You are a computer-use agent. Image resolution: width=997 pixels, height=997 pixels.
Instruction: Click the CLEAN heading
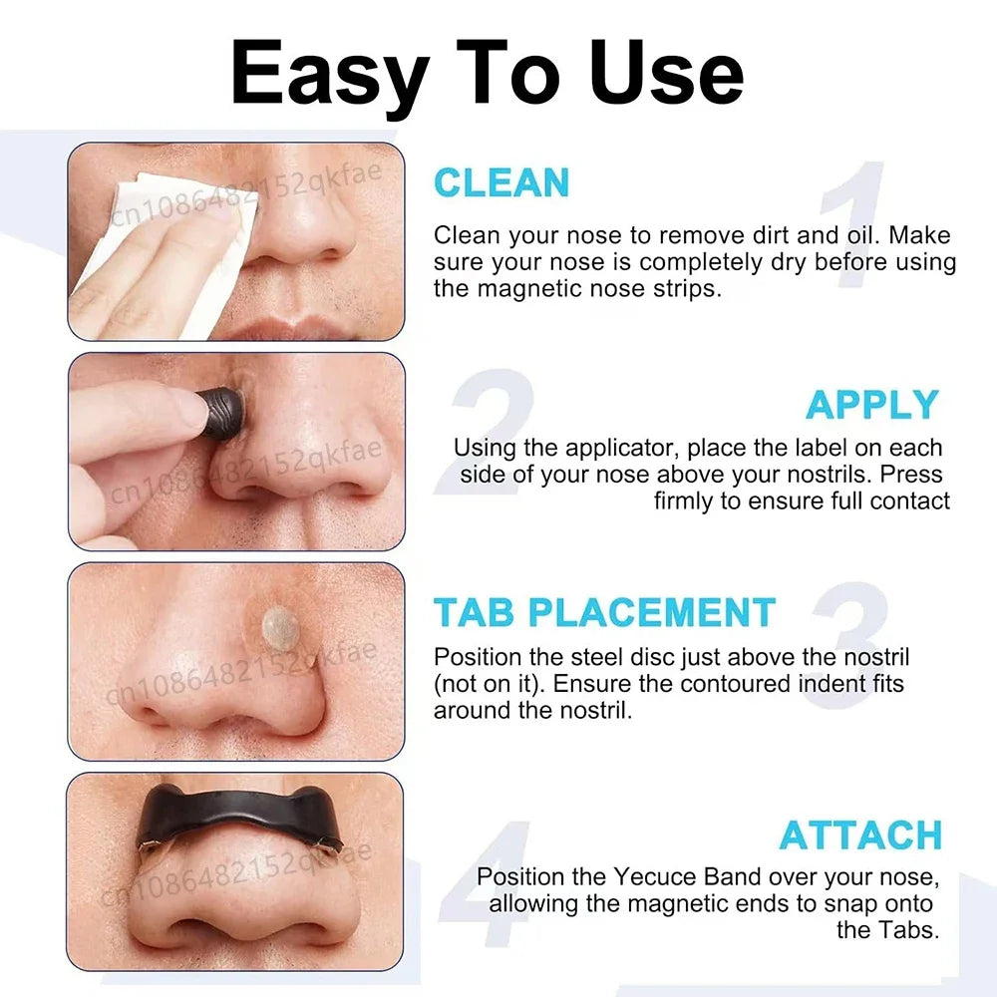(x=501, y=183)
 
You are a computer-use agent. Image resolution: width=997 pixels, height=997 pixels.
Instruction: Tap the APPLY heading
(x=872, y=405)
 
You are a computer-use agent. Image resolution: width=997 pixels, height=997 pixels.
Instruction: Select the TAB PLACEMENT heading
(x=604, y=612)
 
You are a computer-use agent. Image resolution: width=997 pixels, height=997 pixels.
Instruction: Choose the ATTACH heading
(x=860, y=835)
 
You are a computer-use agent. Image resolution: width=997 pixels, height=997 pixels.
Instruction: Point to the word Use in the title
(x=667, y=73)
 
